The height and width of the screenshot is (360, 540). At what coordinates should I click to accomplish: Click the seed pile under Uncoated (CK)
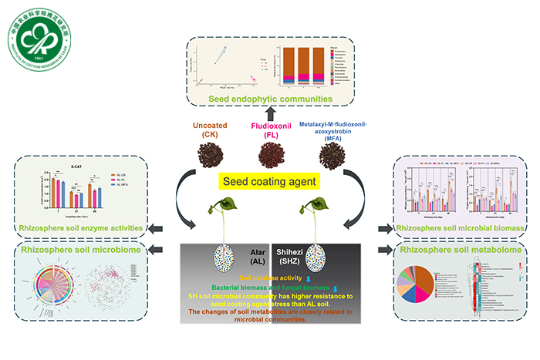coord(207,153)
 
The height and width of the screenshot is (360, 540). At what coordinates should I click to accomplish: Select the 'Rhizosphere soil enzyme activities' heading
coord(79,227)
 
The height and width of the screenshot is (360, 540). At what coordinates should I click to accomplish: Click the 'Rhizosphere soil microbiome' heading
coord(79,251)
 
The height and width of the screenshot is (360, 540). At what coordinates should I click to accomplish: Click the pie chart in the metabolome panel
coord(432,290)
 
